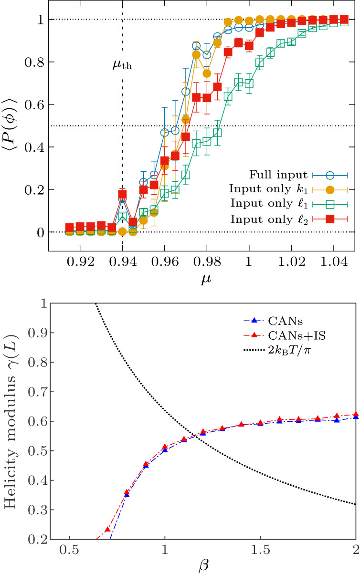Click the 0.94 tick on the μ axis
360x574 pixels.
(x=122, y=262)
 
